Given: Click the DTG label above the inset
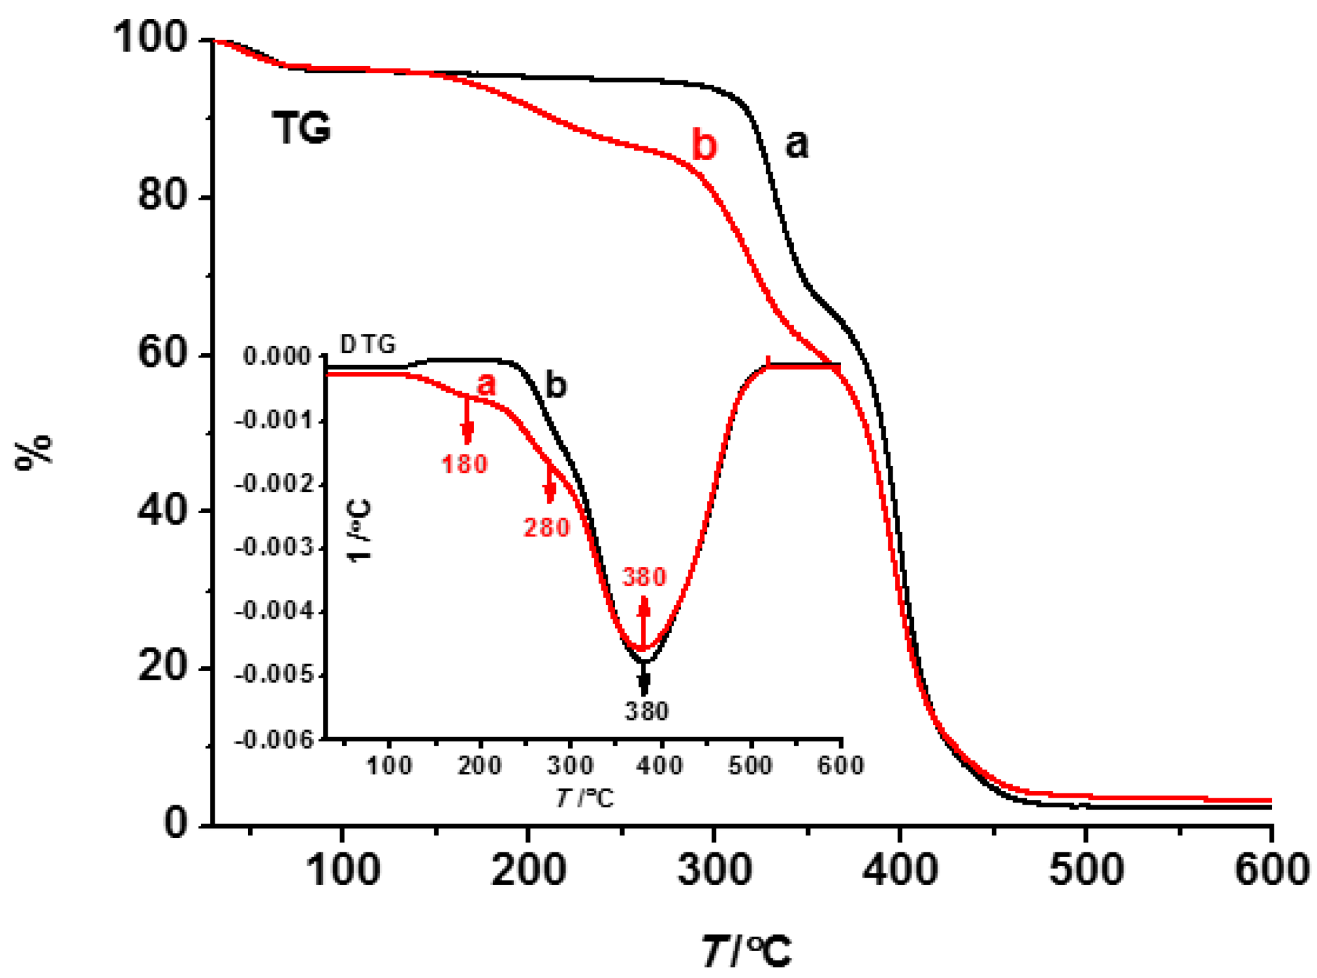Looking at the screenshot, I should coord(368,344).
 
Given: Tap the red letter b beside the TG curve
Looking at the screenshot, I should coord(704,144).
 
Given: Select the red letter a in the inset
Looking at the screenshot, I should coord(486,384).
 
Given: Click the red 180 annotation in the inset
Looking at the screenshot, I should coord(465,464).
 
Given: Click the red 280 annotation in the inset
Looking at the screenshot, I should coord(547,528).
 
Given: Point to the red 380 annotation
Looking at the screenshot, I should coord(644,577).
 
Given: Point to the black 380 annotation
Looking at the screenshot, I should coord(647,711).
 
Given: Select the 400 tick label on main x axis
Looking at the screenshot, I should coord(900,871).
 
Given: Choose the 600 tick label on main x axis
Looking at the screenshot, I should coord(1272,871).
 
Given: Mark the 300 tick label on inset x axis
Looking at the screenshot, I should coord(570,766).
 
